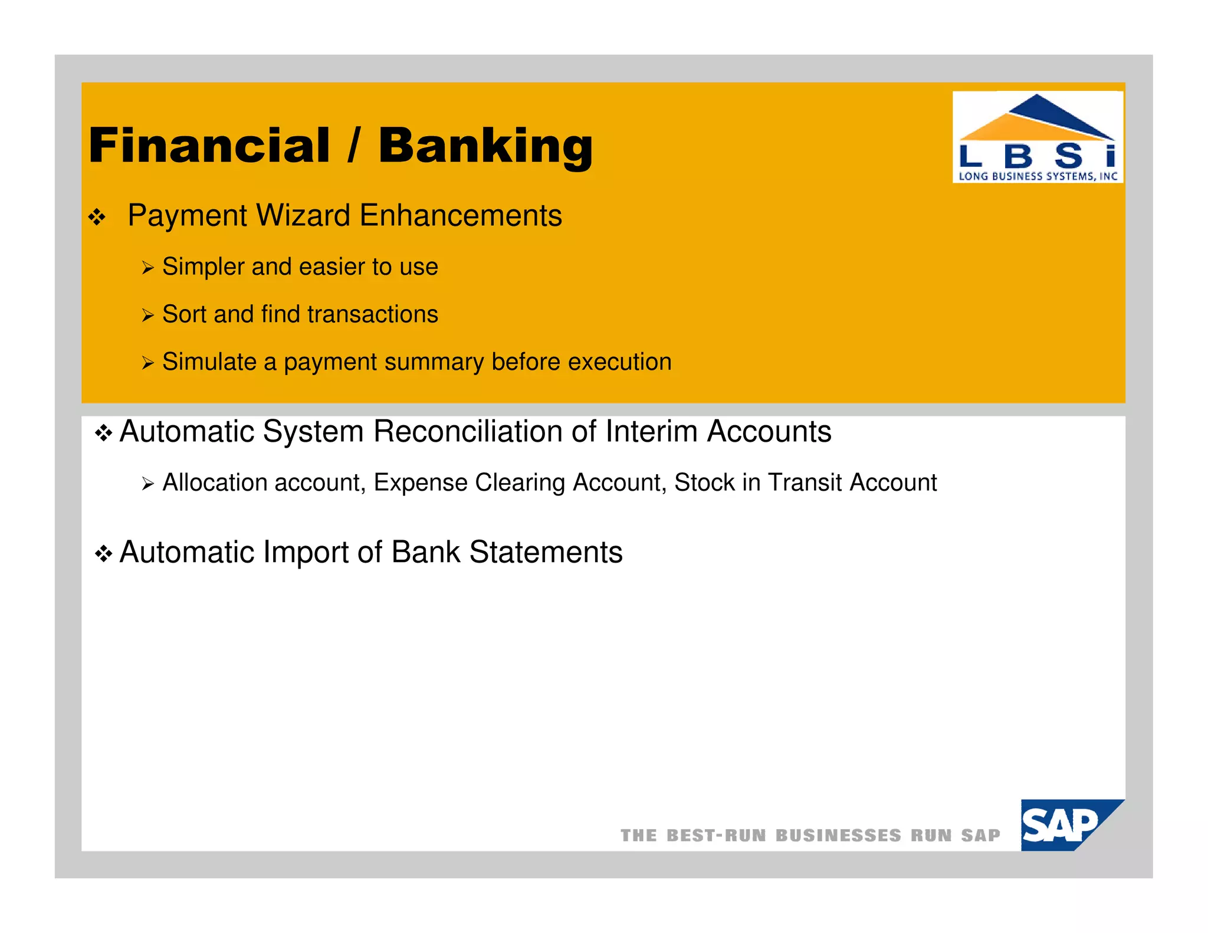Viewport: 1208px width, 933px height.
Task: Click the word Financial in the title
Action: (x=209, y=146)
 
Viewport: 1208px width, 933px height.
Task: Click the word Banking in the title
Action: (x=485, y=146)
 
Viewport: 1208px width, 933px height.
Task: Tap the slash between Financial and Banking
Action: (x=353, y=146)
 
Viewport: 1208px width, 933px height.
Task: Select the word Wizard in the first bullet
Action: (x=303, y=216)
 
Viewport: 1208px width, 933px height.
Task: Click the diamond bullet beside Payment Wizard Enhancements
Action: (x=97, y=218)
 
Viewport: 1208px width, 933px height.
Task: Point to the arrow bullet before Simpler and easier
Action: (x=147, y=269)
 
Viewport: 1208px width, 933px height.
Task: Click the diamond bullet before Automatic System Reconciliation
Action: (x=104, y=435)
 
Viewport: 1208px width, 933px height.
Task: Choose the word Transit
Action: (x=805, y=483)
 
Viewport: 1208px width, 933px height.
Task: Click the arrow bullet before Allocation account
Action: (x=147, y=485)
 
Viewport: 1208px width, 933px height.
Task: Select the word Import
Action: (x=306, y=553)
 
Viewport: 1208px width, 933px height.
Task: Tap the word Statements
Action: (x=546, y=553)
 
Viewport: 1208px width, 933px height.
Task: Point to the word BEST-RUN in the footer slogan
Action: (x=716, y=836)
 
